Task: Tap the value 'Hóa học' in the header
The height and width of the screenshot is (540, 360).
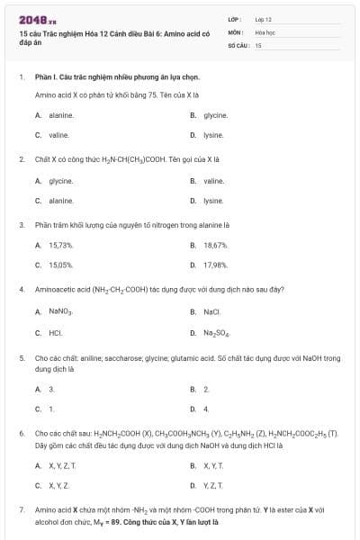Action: pos(263,31)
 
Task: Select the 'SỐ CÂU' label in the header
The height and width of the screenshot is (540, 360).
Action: pos(238,43)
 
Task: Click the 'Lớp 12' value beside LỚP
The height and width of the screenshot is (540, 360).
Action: pos(263,19)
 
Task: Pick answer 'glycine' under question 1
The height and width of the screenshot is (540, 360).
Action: pos(215,115)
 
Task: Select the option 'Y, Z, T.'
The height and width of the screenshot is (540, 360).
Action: pos(213,486)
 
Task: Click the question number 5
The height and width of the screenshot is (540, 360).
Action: pos(21,357)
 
